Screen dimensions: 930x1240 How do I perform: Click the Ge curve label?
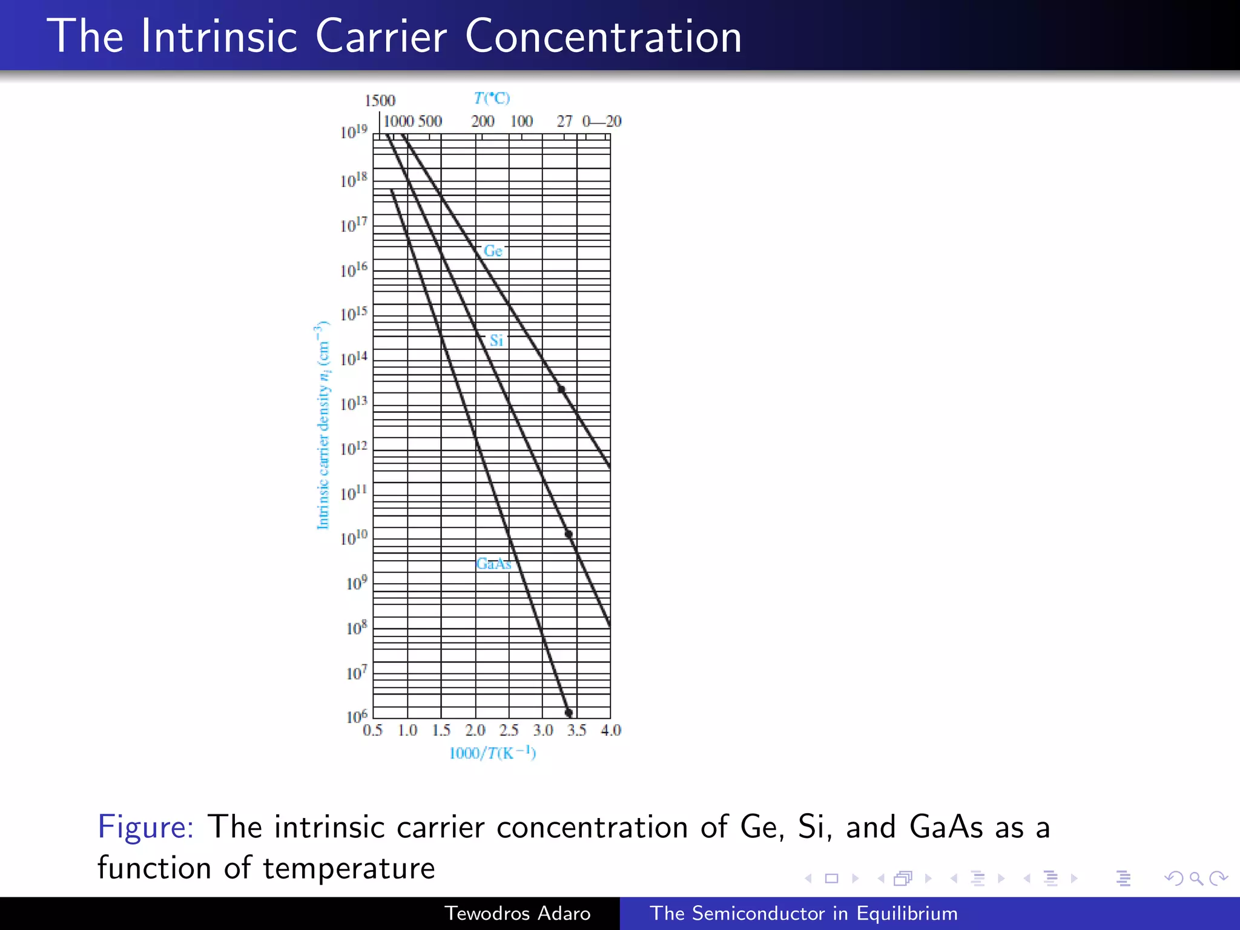tap(493, 251)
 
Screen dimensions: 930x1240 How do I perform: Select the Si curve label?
tap(496, 340)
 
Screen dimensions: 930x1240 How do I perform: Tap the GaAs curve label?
tap(493, 564)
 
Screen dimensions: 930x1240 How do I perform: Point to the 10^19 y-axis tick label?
tap(354, 131)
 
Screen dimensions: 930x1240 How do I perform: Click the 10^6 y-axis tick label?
tap(356, 717)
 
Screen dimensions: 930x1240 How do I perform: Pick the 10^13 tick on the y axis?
tap(354, 403)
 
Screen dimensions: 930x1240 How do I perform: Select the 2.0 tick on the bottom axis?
tap(475, 730)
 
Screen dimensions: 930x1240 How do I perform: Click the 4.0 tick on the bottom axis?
tap(611, 730)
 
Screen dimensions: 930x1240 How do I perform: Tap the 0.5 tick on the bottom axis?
tap(372, 730)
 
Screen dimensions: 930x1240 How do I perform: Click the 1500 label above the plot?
tap(380, 101)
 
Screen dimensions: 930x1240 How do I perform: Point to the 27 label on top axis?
tap(564, 121)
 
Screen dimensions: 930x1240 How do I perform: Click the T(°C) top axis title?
tap(492, 98)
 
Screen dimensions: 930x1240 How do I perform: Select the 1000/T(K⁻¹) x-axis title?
tap(492, 753)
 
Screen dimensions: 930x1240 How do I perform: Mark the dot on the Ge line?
tap(561, 389)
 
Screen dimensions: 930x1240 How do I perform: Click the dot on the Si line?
tap(569, 534)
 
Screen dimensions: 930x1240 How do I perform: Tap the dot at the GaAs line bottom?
tap(569, 713)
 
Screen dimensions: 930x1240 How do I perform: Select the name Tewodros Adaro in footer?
tap(517, 913)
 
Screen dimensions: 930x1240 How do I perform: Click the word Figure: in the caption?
tap(145, 827)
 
